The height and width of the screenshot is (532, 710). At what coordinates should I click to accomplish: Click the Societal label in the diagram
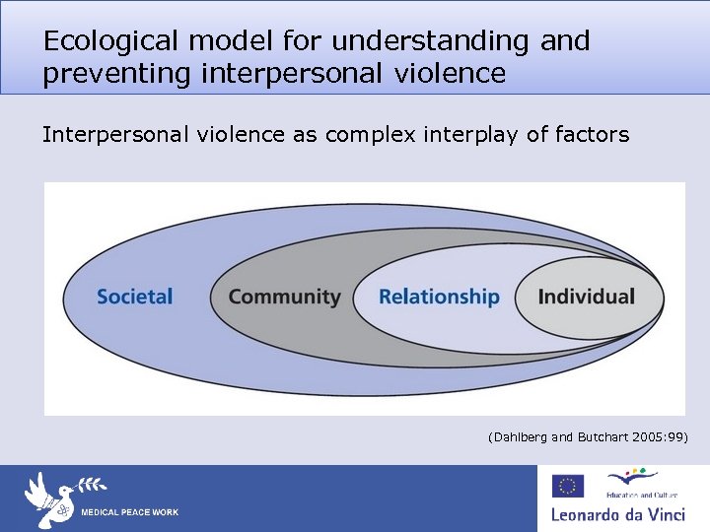pyautogui.click(x=135, y=297)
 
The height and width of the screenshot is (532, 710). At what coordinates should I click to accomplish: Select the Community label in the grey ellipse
pyautogui.click(x=284, y=297)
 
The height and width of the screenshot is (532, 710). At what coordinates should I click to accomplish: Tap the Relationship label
pyautogui.click(x=439, y=297)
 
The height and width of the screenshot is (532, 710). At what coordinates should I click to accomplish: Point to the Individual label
pyautogui.click(x=587, y=297)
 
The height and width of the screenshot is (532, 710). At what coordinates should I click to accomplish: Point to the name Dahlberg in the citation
pyautogui.click(x=521, y=436)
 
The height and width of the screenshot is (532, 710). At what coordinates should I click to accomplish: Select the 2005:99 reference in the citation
pyautogui.click(x=660, y=436)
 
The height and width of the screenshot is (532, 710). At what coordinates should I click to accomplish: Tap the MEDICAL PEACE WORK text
pyautogui.click(x=129, y=513)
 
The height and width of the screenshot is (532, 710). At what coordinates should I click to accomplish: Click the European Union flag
pyautogui.click(x=568, y=486)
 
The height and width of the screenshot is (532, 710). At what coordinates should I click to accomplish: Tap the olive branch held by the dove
pyautogui.click(x=90, y=485)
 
